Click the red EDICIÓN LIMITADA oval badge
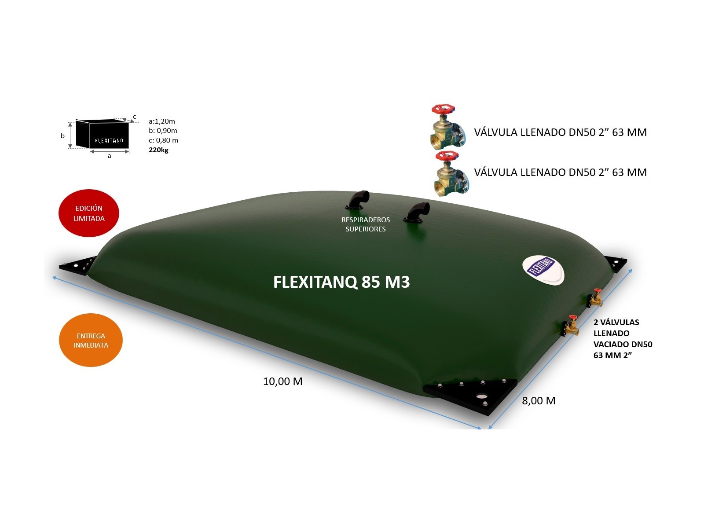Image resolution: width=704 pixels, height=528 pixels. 89,213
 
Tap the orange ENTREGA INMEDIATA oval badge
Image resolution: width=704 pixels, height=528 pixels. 91,340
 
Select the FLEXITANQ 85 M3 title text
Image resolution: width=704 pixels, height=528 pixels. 341,282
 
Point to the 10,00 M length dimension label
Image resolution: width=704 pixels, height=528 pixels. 282,381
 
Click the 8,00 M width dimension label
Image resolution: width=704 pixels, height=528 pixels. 539,401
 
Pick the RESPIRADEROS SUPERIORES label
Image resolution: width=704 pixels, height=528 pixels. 366,224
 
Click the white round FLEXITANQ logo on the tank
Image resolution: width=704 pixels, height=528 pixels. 543,269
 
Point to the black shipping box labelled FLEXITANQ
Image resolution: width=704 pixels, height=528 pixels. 103,135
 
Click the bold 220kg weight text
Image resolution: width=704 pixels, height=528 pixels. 158,150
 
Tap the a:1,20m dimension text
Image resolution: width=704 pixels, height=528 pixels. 162,121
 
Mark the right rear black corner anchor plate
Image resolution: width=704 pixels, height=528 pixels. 616,264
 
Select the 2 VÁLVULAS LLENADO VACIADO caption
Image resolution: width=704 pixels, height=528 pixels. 622,339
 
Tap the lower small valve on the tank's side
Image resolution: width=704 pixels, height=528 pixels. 571,326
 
